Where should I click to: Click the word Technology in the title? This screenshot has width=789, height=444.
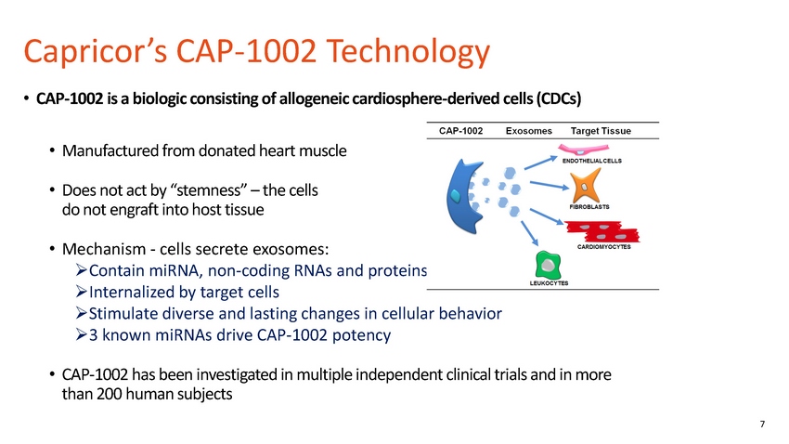[x=408, y=52]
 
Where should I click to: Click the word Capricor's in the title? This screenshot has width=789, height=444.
[x=95, y=52]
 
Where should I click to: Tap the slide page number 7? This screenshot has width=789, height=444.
[x=762, y=424]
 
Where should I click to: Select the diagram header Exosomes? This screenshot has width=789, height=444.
[x=528, y=131]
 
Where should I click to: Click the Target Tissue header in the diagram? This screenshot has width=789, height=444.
[x=601, y=131]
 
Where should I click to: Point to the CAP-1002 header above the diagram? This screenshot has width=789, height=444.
[x=460, y=131]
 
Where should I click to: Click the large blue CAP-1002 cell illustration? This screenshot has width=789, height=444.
[x=464, y=196]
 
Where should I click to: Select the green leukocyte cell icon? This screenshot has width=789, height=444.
[x=548, y=265]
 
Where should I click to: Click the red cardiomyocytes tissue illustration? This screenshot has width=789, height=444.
[x=602, y=232]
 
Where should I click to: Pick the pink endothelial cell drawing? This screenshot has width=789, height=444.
[x=583, y=150]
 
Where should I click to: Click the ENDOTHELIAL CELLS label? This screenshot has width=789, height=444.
[x=592, y=161]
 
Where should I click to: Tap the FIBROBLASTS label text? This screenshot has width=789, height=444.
[x=589, y=207]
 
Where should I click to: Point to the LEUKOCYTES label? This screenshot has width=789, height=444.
[x=549, y=283]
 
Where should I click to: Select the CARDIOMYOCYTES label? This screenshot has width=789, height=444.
[x=603, y=247]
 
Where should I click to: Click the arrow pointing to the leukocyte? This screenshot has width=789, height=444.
[x=529, y=233]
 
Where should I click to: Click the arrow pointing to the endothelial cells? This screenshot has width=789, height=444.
[x=541, y=163]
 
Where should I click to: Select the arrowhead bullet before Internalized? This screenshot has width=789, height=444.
[x=81, y=292]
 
